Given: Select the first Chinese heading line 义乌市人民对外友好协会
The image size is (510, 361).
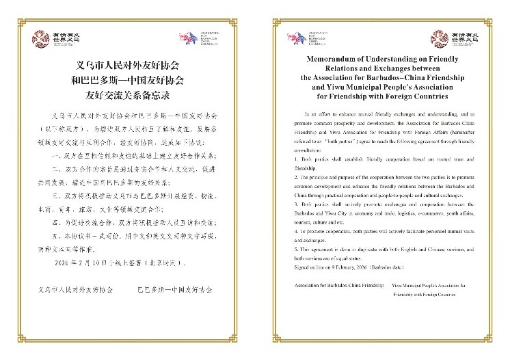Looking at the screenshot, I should point(129,66).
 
